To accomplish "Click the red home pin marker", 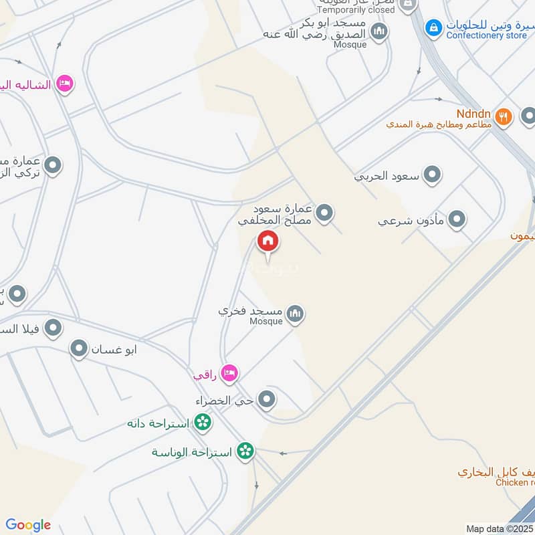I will [x=267, y=241].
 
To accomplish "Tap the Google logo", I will [x=28, y=525].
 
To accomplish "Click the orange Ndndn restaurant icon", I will [x=504, y=116].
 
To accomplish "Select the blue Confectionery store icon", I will [x=434, y=27].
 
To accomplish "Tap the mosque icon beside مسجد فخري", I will [x=294, y=312].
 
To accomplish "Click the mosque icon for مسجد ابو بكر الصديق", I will [x=379, y=31].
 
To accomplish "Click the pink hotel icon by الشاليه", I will [x=65, y=84].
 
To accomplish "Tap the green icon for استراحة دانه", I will [x=203, y=423].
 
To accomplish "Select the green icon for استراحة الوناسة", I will [x=245, y=451].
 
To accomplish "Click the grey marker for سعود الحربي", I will [x=433, y=175].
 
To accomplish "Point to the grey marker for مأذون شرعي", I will [x=457, y=219].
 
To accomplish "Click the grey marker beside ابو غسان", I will [x=80, y=348].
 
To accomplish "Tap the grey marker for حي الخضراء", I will [x=267, y=400].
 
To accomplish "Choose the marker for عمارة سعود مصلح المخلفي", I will [x=324, y=213].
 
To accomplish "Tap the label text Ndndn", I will [x=475, y=113].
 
